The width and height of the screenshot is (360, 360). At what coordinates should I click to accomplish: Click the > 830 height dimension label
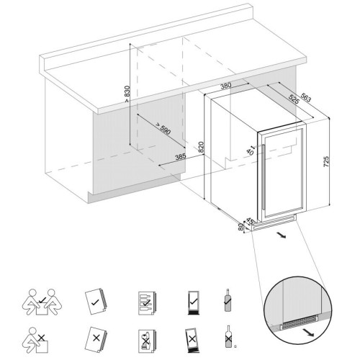pos(127,94)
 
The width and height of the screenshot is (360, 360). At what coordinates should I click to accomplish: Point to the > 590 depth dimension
pos(163,128)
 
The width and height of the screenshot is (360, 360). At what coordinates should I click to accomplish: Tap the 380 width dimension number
pos(225,86)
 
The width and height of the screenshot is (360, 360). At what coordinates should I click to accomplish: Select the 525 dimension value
pos(294,99)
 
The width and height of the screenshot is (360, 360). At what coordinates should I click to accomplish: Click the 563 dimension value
pos(305,97)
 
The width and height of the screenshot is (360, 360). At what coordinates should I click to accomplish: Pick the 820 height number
pos(201,147)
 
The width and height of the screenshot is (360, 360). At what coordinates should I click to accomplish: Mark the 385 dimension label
pos(181,157)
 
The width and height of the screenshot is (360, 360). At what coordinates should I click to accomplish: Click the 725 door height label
pos(326,161)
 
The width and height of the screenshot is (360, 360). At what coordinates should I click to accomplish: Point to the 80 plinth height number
pos(240,228)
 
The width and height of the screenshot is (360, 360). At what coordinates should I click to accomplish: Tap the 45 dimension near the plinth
pos(250,220)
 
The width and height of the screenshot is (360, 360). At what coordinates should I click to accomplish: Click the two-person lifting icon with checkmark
pos(42,302)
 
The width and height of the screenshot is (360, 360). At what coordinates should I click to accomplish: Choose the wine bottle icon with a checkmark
pos(228,300)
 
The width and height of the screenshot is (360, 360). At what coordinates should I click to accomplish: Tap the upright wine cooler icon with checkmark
pos(193,302)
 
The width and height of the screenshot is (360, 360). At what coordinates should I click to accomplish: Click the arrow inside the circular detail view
pos(308,333)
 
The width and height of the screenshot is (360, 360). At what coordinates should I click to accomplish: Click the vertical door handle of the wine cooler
pos(264,178)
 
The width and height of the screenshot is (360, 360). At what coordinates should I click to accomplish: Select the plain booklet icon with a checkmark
pos(96,302)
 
